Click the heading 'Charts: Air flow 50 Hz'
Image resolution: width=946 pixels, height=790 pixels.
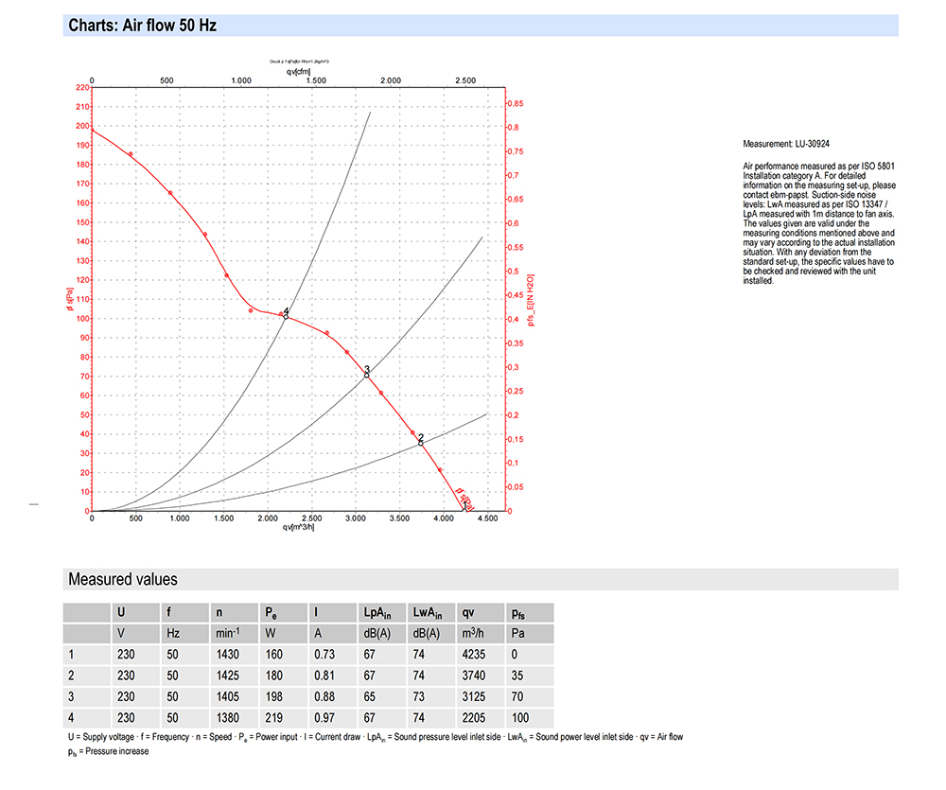tap(142, 26)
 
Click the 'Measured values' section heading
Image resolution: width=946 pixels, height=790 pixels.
tap(122, 579)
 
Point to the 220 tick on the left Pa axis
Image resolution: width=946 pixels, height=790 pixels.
tap(80, 87)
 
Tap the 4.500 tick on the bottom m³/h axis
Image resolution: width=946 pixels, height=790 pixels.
tap(488, 518)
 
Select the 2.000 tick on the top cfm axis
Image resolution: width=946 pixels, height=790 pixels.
tap(391, 80)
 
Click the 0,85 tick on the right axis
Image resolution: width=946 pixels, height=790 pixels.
tap(516, 103)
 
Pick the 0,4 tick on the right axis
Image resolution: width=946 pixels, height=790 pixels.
tap(516, 319)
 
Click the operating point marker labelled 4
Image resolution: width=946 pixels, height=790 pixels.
tap(286, 316)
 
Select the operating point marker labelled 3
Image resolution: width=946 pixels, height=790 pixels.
tap(367, 375)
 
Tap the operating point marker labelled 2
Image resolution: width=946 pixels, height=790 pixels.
tap(421, 442)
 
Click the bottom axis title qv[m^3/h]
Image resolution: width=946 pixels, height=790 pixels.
tap(298, 527)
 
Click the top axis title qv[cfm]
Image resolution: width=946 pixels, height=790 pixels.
tap(298, 71)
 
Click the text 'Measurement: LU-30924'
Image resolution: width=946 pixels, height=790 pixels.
tap(786, 145)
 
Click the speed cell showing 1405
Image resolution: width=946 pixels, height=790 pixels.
tap(228, 697)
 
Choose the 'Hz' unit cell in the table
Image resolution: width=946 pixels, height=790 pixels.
tap(172, 633)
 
